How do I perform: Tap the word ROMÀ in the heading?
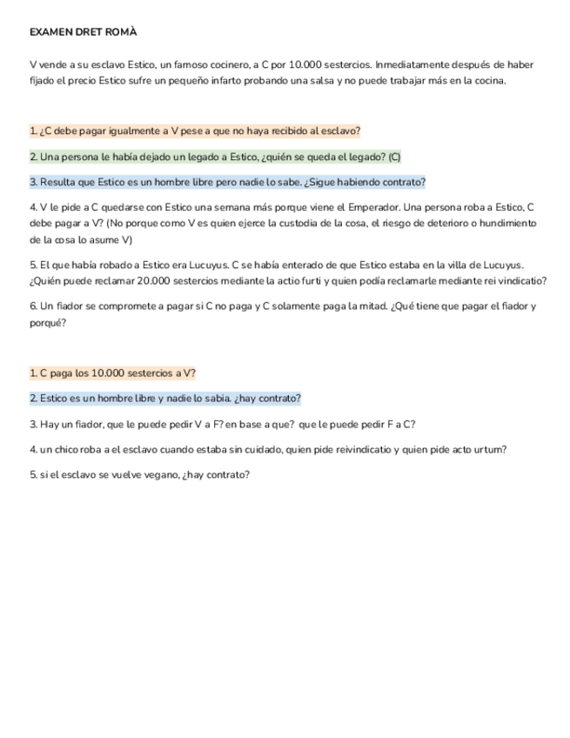tap(122, 32)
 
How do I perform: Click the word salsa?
tap(377, 81)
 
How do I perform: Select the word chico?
tap(70, 449)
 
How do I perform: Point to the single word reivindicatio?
tap(362, 449)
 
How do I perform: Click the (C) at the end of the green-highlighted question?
tap(394, 157)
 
